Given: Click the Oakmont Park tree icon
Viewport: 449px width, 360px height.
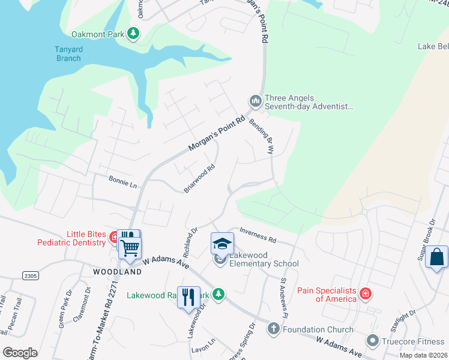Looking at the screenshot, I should pyautogui.click(x=133, y=34).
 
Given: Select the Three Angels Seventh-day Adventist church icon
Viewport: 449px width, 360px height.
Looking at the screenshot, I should pyautogui.click(x=255, y=101).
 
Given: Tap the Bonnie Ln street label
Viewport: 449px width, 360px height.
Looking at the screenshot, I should pyautogui.click(x=123, y=181).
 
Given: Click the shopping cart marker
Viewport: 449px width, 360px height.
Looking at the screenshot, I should pyautogui.click(x=130, y=247).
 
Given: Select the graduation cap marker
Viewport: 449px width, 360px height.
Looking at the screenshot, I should pyautogui.click(x=221, y=244).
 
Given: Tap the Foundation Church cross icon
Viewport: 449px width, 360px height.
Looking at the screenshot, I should pyautogui.click(x=273, y=329).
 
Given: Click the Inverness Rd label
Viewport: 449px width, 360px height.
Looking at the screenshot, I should pyautogui.click(x=258, y=235).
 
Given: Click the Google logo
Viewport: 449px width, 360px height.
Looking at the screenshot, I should pyautogui.click(x=20, y=352).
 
